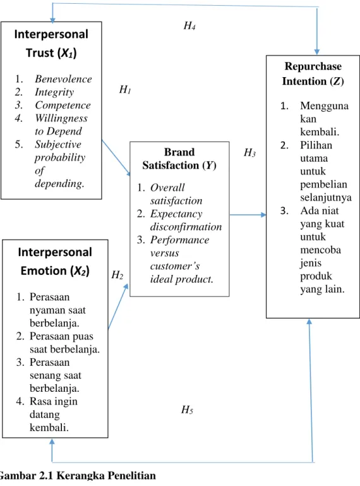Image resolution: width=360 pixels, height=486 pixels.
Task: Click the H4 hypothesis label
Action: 189,26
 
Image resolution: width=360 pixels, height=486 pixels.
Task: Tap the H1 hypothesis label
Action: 125,90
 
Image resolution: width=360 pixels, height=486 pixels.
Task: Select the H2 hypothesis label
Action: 117,275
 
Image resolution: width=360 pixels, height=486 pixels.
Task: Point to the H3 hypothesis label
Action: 249,152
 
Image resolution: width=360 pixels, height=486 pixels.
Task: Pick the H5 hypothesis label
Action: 187,410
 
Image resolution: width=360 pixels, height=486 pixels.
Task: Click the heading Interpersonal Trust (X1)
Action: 51,44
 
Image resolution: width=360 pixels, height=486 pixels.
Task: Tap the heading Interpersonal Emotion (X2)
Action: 55,261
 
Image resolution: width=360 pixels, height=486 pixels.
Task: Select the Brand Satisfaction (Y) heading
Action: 179,159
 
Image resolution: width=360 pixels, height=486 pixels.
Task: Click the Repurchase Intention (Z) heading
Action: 313,74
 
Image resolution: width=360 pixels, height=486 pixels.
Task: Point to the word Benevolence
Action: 63,79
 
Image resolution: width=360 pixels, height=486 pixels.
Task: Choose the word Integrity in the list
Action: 54,92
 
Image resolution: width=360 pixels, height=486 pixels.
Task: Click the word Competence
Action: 63,106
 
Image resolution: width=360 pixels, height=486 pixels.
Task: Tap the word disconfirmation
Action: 186,227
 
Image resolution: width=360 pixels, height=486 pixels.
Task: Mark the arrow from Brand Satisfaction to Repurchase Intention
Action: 248,214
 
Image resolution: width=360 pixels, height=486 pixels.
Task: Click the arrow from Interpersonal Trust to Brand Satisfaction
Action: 116,158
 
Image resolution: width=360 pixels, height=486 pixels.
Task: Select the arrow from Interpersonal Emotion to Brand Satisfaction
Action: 118,307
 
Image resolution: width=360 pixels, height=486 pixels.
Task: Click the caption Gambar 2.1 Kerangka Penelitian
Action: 78,475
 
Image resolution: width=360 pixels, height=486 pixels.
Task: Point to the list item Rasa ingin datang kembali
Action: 53,415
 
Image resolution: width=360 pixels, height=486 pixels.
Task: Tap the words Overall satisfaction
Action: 176,194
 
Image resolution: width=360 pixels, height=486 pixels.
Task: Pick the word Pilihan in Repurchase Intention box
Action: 316,145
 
